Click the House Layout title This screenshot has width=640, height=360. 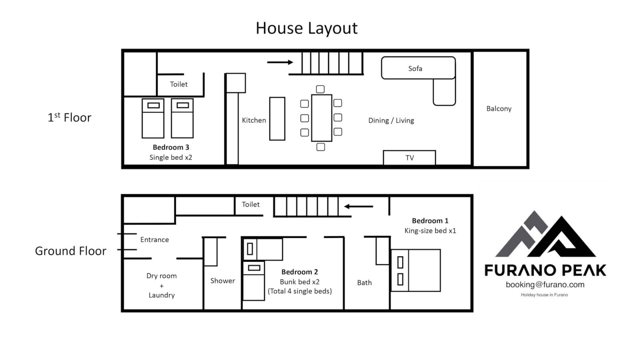pos(306,28)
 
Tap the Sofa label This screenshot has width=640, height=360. pos(415,68)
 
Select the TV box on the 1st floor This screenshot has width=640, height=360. pos(410,158)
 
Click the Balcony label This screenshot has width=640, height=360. pos(499,108)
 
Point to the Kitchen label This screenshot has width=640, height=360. pos(254,120)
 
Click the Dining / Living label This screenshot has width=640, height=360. pos(391,120)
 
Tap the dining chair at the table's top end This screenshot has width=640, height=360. pos(320,89)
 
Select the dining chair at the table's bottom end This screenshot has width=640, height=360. pos(320,147)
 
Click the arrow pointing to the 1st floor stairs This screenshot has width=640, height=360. pos(280,62)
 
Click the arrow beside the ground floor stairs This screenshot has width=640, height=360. pos(358,206)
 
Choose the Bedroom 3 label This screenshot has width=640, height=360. pos(171,148)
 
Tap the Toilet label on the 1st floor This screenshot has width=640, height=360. pos(178,84)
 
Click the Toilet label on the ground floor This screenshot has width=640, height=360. pos(250,204)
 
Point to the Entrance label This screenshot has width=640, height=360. pos(154,240)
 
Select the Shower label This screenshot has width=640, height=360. pos(222,281)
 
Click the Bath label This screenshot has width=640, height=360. pos(364,283)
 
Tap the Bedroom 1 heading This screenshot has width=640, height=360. pos(430,221)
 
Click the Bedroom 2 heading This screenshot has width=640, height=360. pos(300,272)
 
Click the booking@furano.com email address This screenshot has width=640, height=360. pos(545,285)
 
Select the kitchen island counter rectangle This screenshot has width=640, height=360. pos(277,119)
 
